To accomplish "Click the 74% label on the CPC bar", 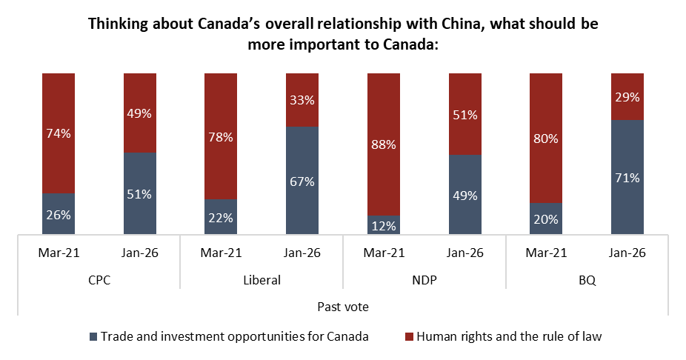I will pyautogui.click(x=59, y=133).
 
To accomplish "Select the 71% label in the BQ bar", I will pyautogui.click(x=627, y=178).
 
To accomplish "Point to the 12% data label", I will pyautogui.click(x=383, y=225).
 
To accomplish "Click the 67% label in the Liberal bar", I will pyautogui.click(x=302, y=181).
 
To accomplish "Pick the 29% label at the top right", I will pyautogui.click(x=627, y=97).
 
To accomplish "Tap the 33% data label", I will pyautogui.click(x=302, y=100).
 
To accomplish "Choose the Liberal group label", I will pyautogui.click(x=262, y=281).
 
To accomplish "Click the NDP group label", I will pyautogui.click(x=424, y=281).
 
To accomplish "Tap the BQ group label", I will pyautogui.click(x=587, y=281).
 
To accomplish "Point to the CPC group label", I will pyautogui.click(x=99, y=281).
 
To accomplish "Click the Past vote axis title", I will pyautogui.click(x=343, y=307).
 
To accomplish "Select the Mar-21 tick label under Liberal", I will pyautogui.click(x=221, y=253).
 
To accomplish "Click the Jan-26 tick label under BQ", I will pyautogui.click(x=627, y=253).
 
